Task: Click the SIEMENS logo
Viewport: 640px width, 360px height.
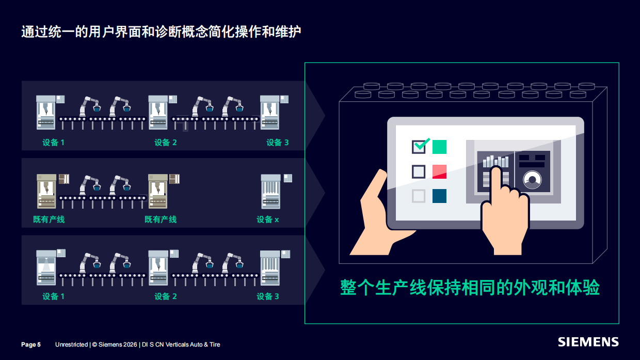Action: [588, 342]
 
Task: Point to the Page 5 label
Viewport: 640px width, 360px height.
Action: [31, 345]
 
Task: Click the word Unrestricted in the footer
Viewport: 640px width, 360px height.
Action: [71, 345]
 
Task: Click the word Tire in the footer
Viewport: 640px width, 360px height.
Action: [214, 345]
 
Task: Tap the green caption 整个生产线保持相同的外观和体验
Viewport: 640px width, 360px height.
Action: [470, 288]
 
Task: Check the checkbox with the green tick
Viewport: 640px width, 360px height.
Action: [419, 147]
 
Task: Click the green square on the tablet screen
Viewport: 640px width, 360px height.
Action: [439, 147]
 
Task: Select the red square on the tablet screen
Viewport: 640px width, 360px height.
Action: [439, 171]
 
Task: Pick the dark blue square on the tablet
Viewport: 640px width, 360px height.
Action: [439, 196]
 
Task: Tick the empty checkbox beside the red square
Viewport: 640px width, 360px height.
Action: [419, 171]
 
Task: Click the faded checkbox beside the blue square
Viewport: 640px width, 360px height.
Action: [419, 196]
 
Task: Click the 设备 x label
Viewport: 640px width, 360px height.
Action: [267, 220]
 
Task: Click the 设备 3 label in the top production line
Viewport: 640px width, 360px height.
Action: [277, 143]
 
